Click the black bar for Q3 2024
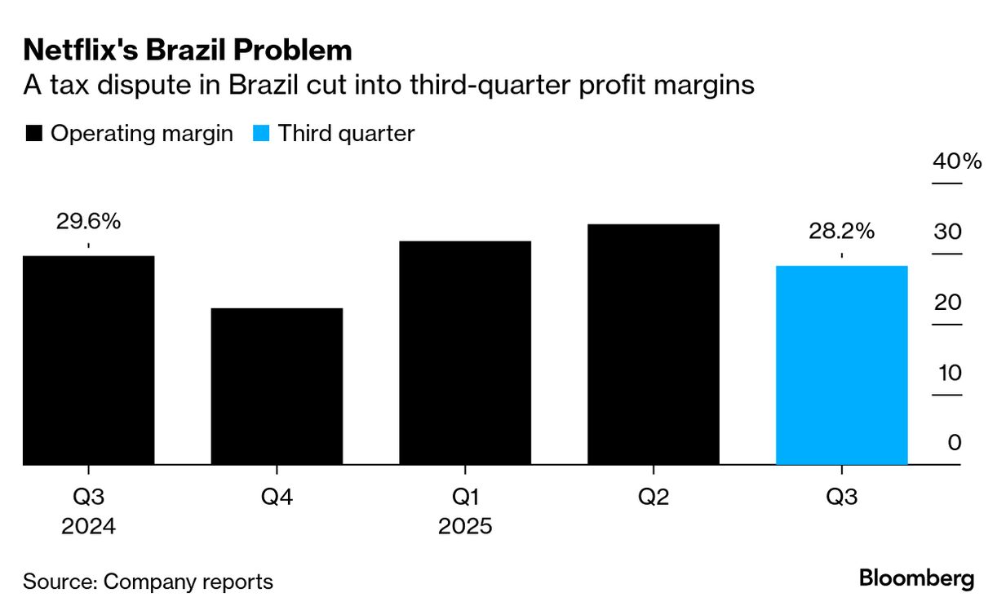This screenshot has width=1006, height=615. click(88, 361)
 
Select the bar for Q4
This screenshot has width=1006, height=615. click(277, 387)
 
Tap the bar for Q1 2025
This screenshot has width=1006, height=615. click(465, 353)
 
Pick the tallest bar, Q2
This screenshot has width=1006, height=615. click(654, 344)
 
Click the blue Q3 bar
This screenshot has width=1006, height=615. click(841, 365)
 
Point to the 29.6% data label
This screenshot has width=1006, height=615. click(88, 221)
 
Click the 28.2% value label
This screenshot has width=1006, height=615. click(841, 231)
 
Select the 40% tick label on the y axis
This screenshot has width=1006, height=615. click(957, 161)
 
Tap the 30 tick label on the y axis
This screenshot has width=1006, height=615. click(949, 232)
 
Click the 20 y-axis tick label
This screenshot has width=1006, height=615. click(949, 303)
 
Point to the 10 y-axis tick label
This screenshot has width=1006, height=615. click(949, 373)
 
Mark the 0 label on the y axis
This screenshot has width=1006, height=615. click(955, 443)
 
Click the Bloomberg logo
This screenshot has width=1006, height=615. click(916, 579)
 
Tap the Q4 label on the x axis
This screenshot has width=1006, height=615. click(277, 497)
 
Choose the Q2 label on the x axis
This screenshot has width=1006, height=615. click(654, 497)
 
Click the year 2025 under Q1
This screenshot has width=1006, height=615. click(465, 526)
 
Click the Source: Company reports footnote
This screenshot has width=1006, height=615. click(148, 582)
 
